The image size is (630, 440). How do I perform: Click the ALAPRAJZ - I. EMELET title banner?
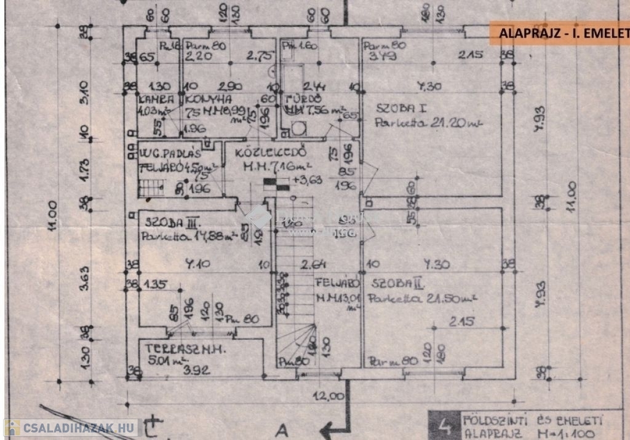[x=560, y=33]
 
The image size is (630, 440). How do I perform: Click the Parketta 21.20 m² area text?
[x=428, y=122]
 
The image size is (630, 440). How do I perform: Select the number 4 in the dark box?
[x=442, y=424]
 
